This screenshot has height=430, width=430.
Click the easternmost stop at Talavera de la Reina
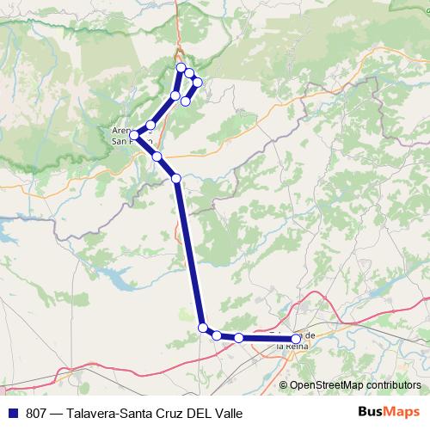pyautogui.click(x=296, y=339)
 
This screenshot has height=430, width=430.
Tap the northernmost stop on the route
pyautogui.click(x=181, y=67)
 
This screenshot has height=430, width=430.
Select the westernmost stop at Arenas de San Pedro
pyautogui.click(x=134, y=135)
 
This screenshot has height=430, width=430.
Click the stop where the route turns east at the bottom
pyautogui.click(x=203, y=328)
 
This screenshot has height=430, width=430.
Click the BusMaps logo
pyautogui.click(x=388, y=413)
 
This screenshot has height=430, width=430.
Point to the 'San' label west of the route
pyautogui.click(x=120, y=142)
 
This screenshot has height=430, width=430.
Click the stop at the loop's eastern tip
pyautogui.click(x=197, y=83)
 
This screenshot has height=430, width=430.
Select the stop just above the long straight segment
pyautogui.click(x=176, y=178)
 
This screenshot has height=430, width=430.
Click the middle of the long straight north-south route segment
pyautogui.click(x=189, y=254)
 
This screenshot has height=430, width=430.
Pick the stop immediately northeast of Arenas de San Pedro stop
pyautogui.click(x=150, y=125)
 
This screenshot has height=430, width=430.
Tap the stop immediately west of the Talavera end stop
pyautogui.click(x=238, y=338)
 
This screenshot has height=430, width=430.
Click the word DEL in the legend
pyautogui.click(x=196, y=413)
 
